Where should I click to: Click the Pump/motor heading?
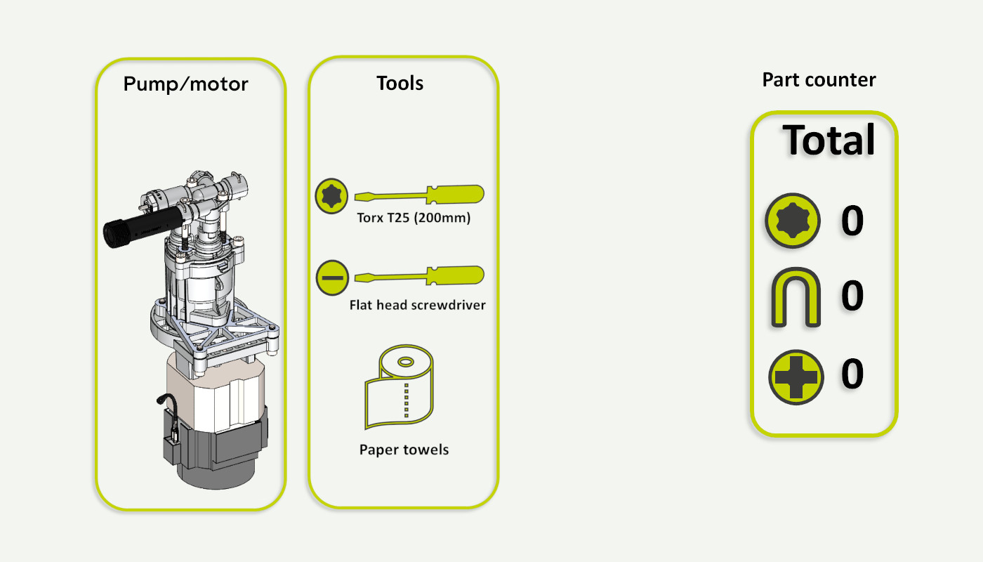tap(186, 85)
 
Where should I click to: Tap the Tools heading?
tap(400, 83)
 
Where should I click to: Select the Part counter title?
tap(819, 80)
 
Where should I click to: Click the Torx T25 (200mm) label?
tap(414, 218)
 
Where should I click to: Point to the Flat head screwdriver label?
tap(417, 306)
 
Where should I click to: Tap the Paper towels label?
tap(404, 450)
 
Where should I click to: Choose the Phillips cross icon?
tap(796, 377)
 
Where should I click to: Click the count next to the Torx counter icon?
tap(852, 221)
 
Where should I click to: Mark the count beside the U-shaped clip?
tap(852, 296)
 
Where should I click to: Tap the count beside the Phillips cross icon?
tap(852, 374)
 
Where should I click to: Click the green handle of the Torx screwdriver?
tap(457, 195)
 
